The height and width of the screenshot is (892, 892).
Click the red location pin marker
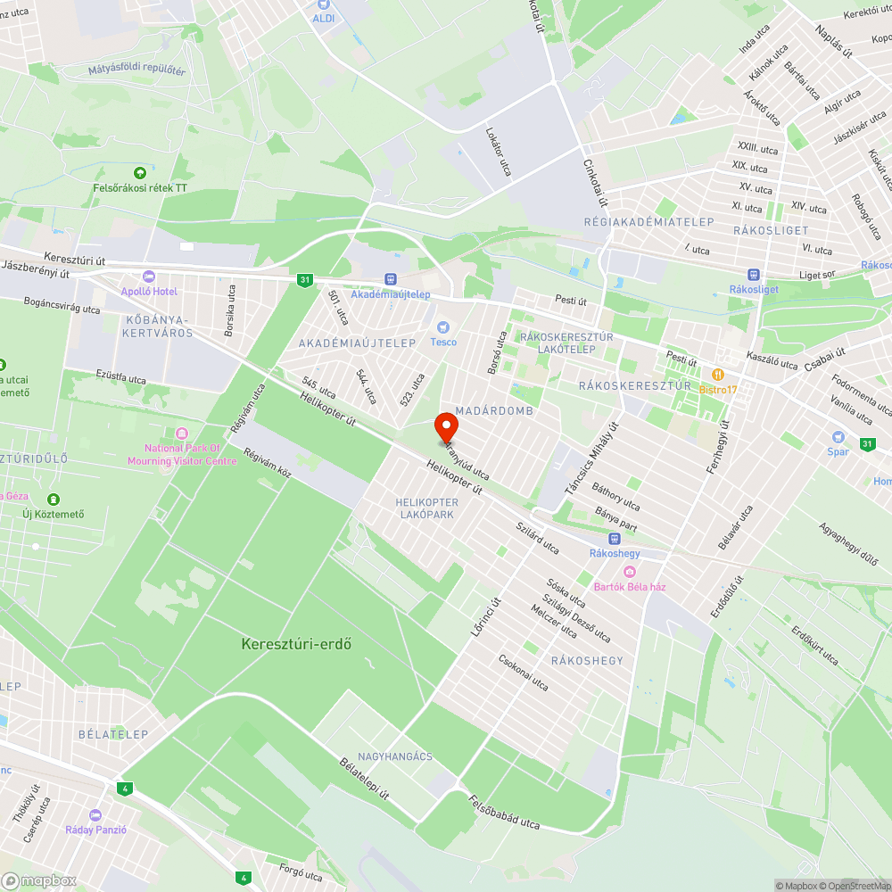(x=446, y=429)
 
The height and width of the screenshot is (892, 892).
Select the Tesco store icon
(x=442, y=328)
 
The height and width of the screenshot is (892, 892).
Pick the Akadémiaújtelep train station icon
(x=390, y=280)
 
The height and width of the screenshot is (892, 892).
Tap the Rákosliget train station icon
(x=755, y=276)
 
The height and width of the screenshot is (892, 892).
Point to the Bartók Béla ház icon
(x=630, y=572)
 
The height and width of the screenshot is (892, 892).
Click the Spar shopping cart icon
(x=838, y=437)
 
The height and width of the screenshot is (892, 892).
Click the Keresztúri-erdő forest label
(x=295, y=643)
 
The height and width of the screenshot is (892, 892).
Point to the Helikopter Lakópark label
(x=427, y=508)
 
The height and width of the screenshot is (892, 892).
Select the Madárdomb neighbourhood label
(x=493, y=410)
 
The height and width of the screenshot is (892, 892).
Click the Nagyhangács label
(x=395, y=756)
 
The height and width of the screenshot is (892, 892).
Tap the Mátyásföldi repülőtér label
(x=136, y=70)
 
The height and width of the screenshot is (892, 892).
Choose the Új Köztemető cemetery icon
(x=54, y=499)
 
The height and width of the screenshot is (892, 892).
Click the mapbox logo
(x=40, y=880)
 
